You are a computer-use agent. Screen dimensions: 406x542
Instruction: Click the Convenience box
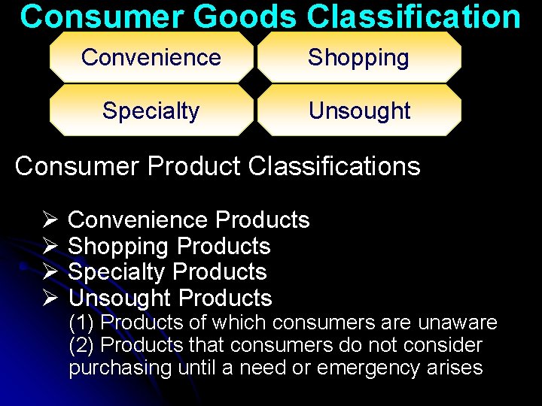point(151,57)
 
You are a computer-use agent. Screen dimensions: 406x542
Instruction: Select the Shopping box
point(358,57)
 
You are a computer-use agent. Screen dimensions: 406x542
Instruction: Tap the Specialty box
point(151,111)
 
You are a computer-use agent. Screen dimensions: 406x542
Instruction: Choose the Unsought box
point(359,111)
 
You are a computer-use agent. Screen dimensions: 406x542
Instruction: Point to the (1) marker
point(81,323)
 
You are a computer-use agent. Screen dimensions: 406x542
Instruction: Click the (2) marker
point(81,346)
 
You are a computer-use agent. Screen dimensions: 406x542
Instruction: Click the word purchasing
point(120,368)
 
